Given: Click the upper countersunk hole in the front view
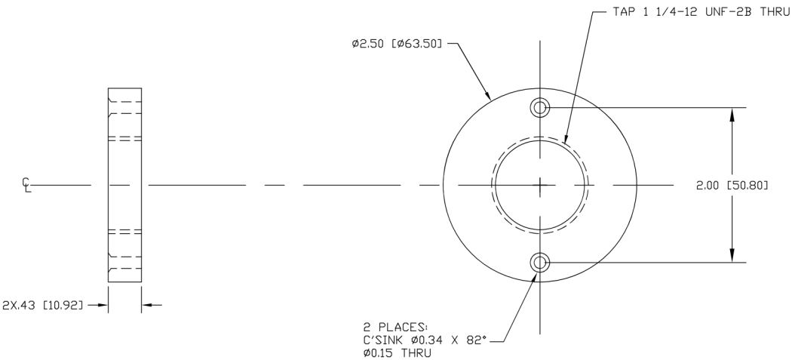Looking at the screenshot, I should (x=539, y=107).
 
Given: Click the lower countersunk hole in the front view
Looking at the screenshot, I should (x=539, y=263).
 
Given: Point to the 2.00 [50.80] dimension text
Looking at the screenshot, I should (x=731, y=185).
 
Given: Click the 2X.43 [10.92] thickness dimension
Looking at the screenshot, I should (x=42, y=306).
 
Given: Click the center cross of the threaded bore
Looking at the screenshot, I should (x=540, y=185).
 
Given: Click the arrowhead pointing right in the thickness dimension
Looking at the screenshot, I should (x=103, y=306).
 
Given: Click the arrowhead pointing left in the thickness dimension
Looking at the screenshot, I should (x=146, y=306).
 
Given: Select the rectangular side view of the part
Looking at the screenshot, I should (x=124, y=185).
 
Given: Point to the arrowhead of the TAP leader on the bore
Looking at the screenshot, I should (x=568, y=144).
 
